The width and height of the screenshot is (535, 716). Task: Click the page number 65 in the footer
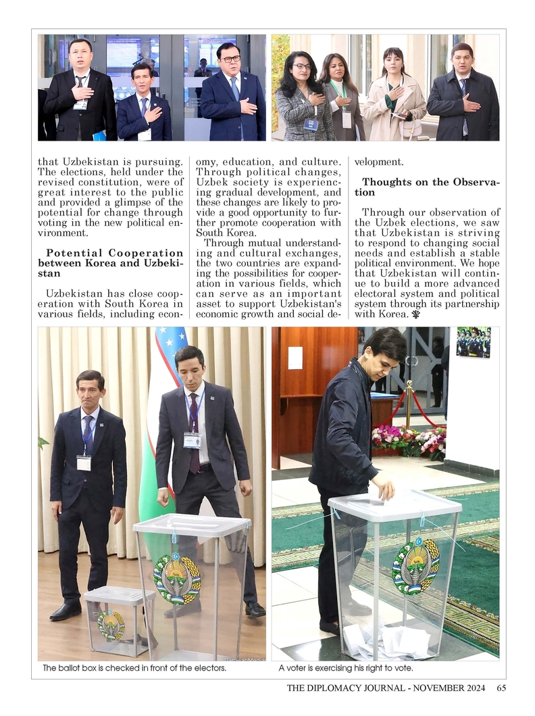coord(501,688)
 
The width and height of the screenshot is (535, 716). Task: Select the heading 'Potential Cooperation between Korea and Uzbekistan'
coord(110,263)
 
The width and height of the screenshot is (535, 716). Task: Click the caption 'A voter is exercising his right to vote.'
coord(345,669)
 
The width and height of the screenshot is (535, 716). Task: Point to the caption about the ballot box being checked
coord(134,669)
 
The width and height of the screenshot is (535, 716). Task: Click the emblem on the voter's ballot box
coord(415,565)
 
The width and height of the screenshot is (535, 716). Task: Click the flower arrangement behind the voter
coord(408,441)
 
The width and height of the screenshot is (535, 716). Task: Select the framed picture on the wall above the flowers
coord(473,342)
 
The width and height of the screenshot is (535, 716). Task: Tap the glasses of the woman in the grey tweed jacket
coord(302,66)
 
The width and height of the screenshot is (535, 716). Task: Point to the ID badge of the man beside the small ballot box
coord(84,463)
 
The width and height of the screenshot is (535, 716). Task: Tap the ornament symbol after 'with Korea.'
coord(412,314)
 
